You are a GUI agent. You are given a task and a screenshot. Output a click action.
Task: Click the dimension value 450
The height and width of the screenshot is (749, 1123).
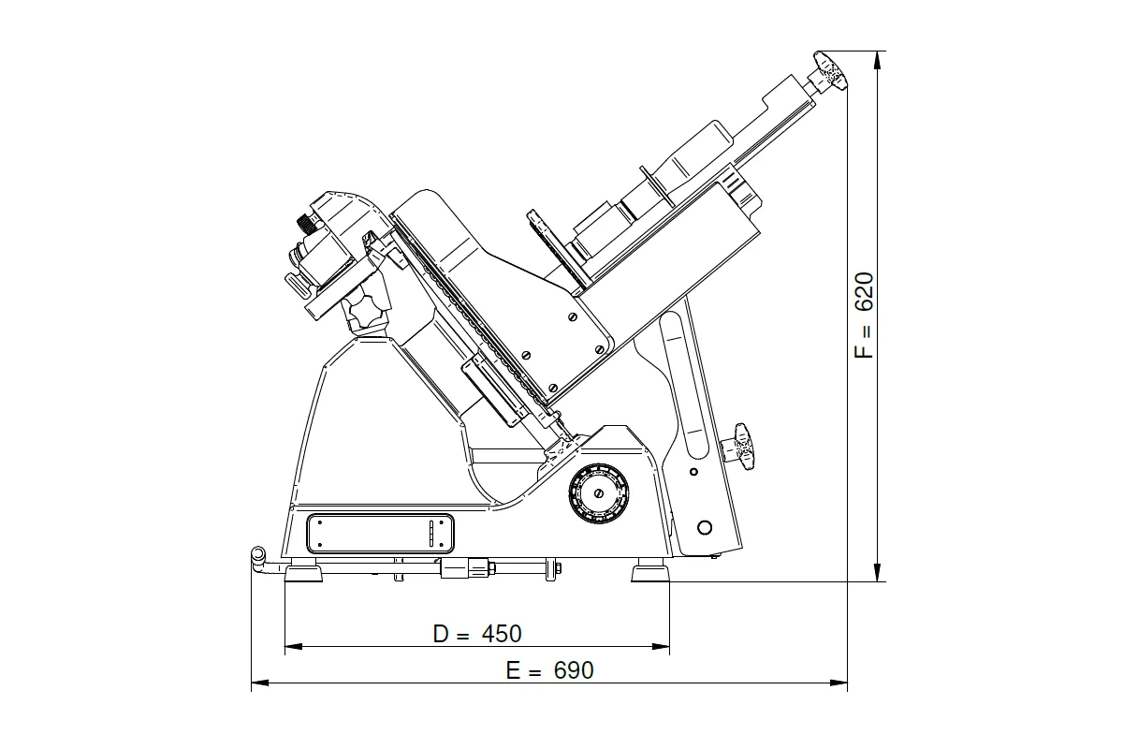point(502,634)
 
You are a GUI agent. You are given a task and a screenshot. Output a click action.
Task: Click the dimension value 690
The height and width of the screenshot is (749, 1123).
point(574,670)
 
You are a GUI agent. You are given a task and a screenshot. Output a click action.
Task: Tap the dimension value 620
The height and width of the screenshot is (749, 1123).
point(864,292)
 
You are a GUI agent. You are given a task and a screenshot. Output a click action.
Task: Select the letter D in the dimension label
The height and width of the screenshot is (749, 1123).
point(440,634)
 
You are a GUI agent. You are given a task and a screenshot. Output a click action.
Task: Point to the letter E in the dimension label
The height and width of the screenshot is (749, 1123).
point(513,670)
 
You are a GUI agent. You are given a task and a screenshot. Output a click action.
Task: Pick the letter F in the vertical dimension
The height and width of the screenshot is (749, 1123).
point(864,351)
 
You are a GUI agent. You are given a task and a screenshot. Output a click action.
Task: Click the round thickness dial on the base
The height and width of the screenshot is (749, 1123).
point(598,493)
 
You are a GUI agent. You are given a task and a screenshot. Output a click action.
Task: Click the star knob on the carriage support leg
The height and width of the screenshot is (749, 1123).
point(739,447)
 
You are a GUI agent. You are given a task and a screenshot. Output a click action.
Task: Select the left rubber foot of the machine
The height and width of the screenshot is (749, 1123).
point(303,573)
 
